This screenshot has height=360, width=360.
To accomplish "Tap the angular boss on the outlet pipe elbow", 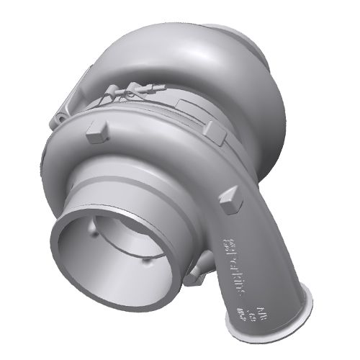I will pos(231,201).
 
